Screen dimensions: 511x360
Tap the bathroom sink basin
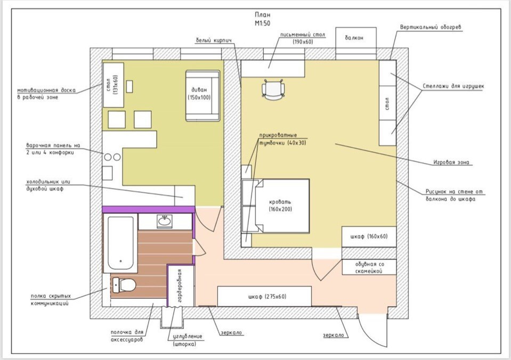tap(165, 222)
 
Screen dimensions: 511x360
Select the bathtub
tap(120, 243)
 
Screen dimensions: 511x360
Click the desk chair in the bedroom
tap(273, 89)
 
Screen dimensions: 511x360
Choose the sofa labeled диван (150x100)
tap(202, 95)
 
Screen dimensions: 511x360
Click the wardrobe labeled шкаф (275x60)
tap(264, 297)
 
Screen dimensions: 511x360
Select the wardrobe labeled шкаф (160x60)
tap(369, 236)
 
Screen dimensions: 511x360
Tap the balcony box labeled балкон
tap(356, 38)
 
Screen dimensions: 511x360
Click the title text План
tap(262, 15)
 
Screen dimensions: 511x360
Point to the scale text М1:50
tap(262, 23)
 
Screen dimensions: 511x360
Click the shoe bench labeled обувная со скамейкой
tap(369, 267)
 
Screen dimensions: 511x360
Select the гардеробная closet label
tap(179, 285)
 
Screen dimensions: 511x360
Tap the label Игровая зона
tap(451, 162)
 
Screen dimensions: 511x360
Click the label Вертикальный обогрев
tap(431, 27)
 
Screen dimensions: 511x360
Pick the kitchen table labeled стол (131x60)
tap(113, 85)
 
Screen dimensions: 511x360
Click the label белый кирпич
tap(214, 40)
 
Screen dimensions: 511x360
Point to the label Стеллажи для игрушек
tap(453, 86)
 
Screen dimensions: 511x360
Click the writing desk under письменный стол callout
tap(273, 69)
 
